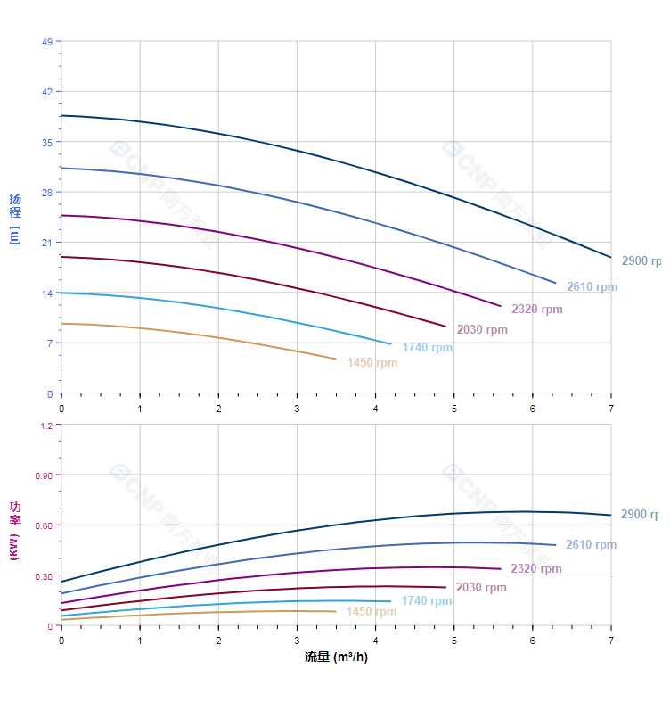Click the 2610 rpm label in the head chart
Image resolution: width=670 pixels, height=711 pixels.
[592, 287]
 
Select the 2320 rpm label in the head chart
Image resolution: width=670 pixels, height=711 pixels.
[536, 310]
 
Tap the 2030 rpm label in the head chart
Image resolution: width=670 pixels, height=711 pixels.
[482, 330]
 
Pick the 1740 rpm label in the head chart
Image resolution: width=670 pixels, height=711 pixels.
[427, 348]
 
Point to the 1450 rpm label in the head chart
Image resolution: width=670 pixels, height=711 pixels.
[372, 363]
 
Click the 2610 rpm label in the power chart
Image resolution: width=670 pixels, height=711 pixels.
[591, 545]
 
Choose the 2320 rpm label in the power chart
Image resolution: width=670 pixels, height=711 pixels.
[536, 569]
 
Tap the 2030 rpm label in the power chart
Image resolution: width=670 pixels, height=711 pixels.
[481, 588]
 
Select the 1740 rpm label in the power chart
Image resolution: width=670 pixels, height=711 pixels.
[426, 601]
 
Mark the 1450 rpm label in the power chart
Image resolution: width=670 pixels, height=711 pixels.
[372, 612]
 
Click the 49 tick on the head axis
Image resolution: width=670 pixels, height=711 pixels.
[46, 42]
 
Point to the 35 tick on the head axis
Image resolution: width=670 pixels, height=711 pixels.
[46, 142]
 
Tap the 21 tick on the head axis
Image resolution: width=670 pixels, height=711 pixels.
[46, 243]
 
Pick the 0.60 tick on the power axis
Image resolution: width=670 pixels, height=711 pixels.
[44, 525]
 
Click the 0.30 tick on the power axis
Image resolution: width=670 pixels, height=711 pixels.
[44, 576]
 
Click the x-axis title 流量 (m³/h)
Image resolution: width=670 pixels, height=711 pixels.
[336, 657]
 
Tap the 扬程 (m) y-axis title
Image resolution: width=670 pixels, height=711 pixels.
[15, 219]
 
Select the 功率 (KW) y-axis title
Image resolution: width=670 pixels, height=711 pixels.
[15, 530]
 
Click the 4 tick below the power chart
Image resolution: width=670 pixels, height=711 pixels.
[375, 641]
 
